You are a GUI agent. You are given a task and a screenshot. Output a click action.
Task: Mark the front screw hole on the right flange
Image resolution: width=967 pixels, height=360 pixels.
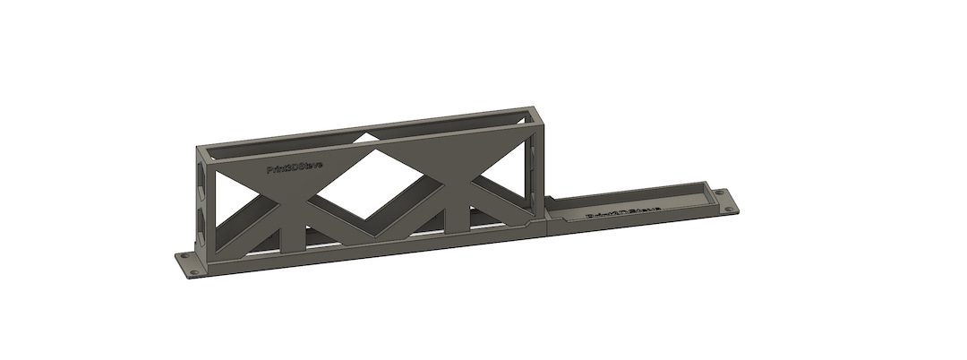(x=733, y=210)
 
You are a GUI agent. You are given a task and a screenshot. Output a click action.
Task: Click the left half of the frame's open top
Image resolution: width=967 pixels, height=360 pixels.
(x=287, y=143)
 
